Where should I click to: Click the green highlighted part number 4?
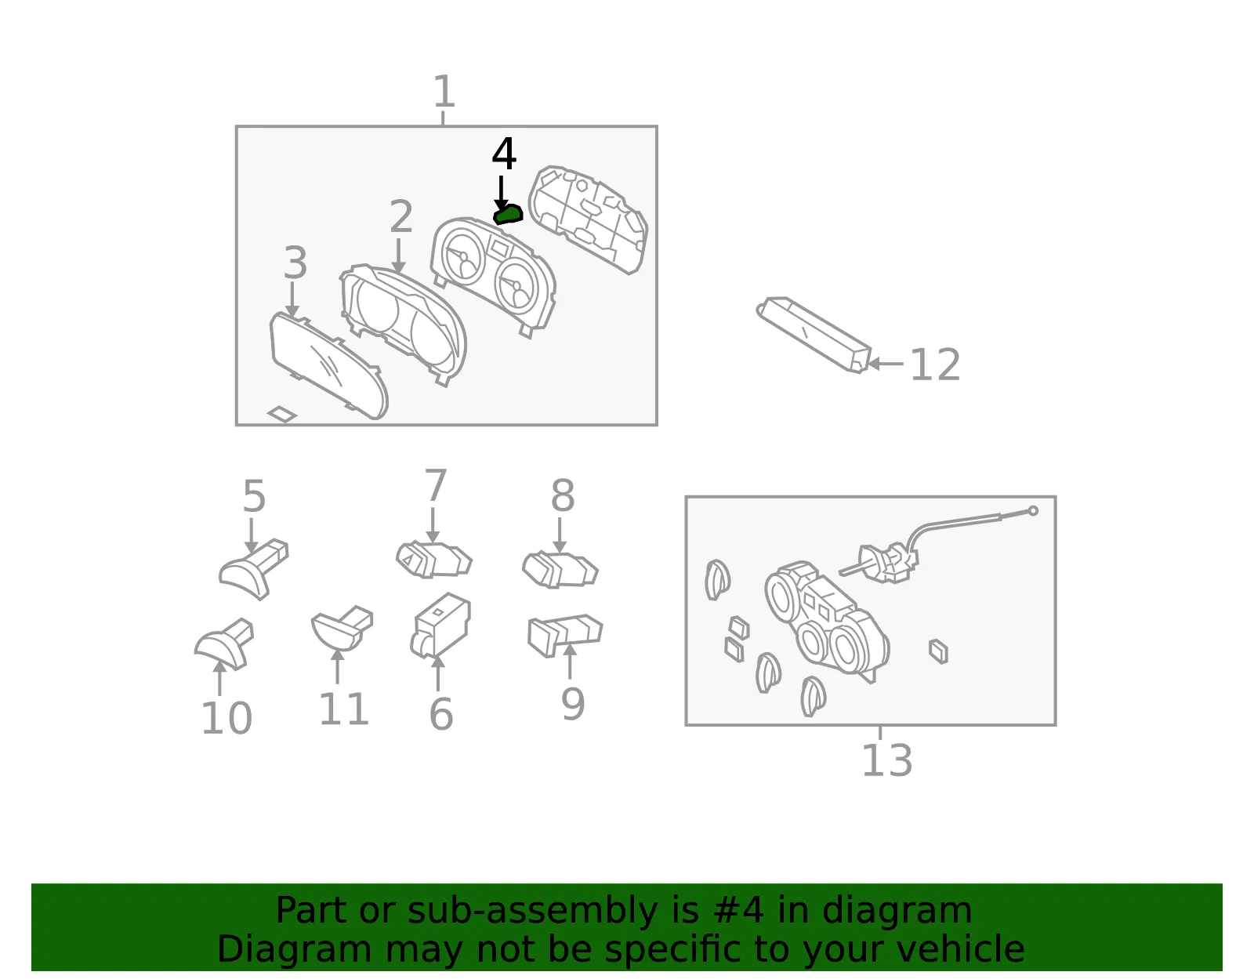pos(508,215)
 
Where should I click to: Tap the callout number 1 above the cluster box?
pos(444,91)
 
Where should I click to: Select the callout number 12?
pos(935,364)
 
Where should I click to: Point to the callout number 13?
pos(887,760)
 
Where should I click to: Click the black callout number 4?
pos(504,154)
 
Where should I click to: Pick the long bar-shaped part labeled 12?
pos(814,335)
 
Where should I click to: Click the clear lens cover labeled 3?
pos(329,366)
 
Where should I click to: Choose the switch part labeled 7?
pos(434,560)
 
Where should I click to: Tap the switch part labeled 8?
pos(560,570)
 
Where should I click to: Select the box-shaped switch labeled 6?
pos(440,625)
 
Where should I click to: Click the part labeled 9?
pos(565,635)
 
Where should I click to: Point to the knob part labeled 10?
pos(224,644)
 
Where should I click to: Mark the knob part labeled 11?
pos(342,628)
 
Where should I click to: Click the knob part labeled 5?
pos(254,569)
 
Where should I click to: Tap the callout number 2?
pos(401,216)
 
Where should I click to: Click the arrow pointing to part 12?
pos(886,364)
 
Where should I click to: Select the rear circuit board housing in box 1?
pos(589,219)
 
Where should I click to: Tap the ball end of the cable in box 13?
pos(1033,510)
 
